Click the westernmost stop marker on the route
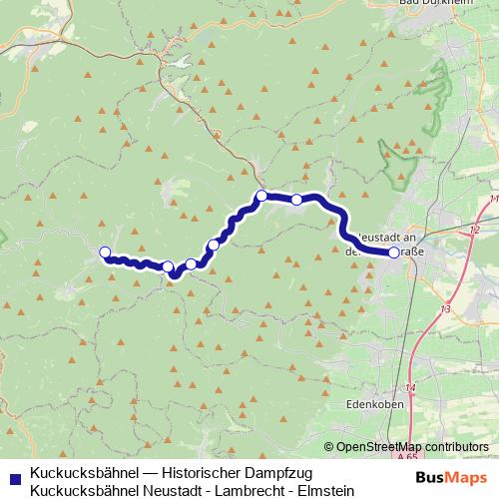coord(105,252)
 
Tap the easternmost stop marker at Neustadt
coord(394,253)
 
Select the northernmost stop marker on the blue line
coord(261,196)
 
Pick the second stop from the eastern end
coord(296,200)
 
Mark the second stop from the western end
coord(169,266)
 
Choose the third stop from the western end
coord(191,263)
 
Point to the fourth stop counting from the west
coord(214,245)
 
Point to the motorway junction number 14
coord(411,386)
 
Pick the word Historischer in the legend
coord(198,471)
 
